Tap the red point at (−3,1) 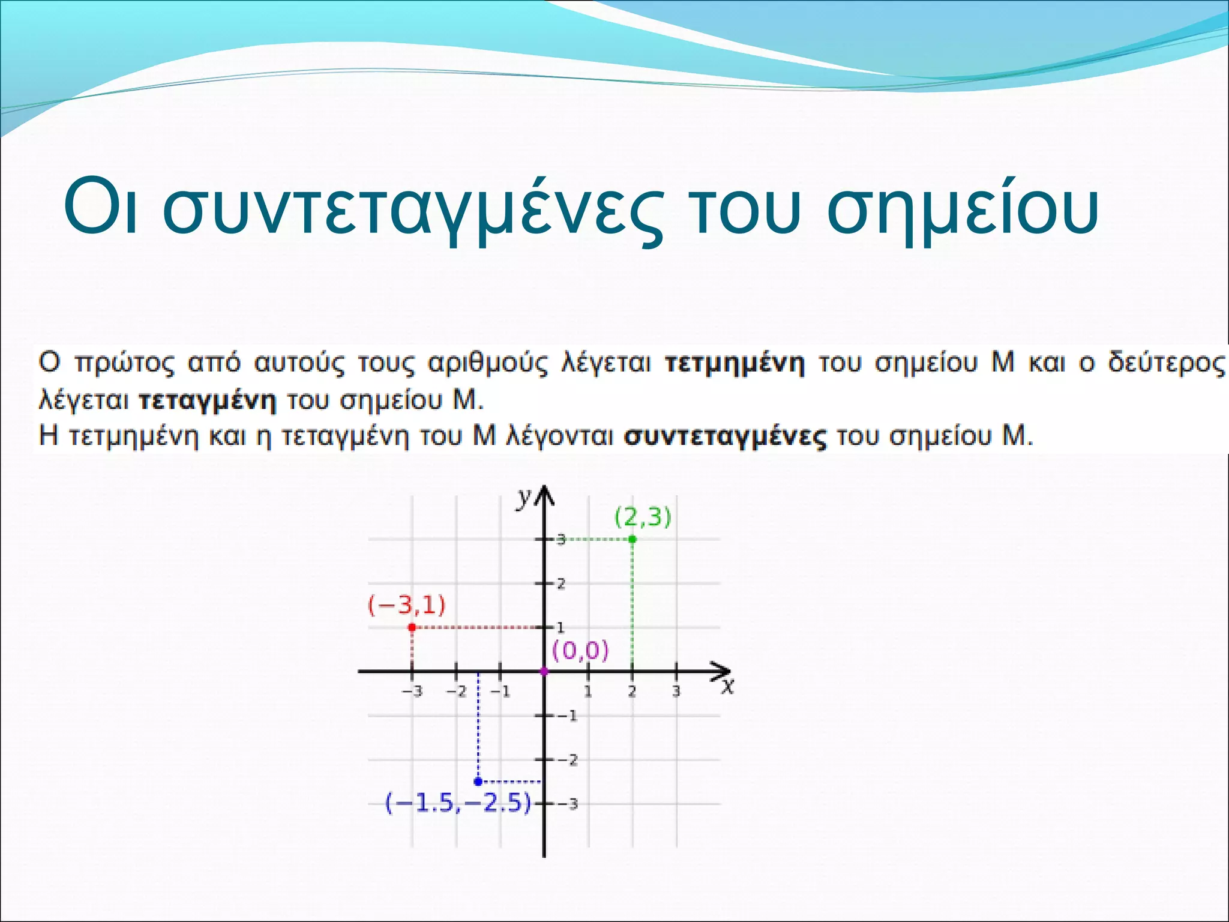pyautogui.click(x=412, y=627)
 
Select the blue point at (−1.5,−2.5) pyautogui.click(x=478, y=782)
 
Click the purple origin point pyautogui.click(x=544, y=671)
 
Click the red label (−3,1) pyautogui.click(x=407, y=604)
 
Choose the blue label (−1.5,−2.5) pyautogui.click(x=458, y=803)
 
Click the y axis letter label pyautogui.click(x=524, y=497)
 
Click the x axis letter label pyautogui.click(x=727, y=686)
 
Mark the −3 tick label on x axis pyautogui.click(x=412, y=691)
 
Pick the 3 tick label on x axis pyautogui.click(x=676, y=691)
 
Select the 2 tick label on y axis pyautogui.click(x=561, y=583)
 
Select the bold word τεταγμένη pyautogui.click(x=208, y=400)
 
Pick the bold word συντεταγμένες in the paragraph pyautogui.click(x=725, y=437)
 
